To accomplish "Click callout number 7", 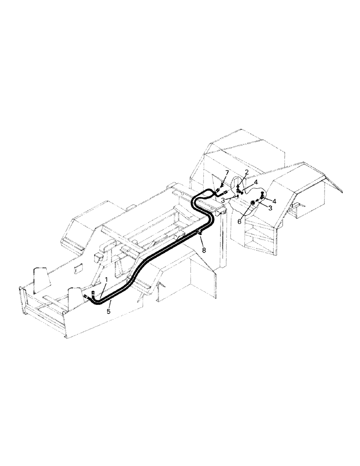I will (227, 173).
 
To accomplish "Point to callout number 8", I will (203, 250).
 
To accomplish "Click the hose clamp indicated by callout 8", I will (198, 233).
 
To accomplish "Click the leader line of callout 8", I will (201, 242).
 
